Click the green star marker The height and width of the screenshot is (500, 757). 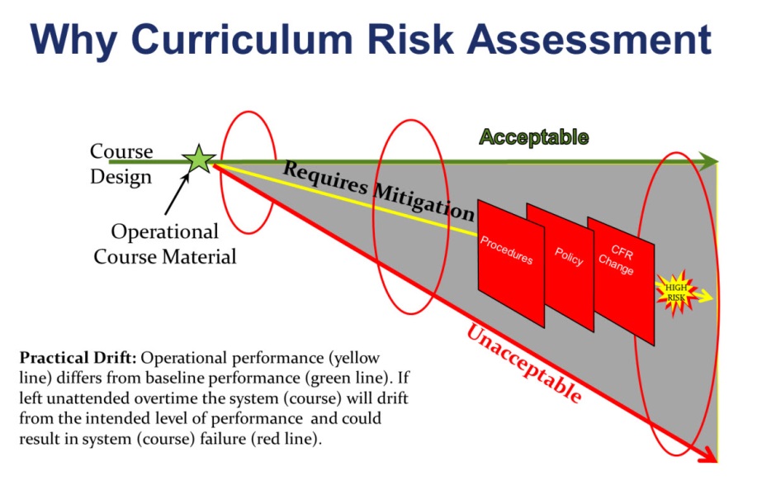point(199,160)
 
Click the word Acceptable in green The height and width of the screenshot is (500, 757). point(533,138)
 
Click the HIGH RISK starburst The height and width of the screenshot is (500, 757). point(676,293)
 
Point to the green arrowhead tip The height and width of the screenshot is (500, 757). point(718,161)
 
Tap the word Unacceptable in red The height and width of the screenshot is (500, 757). point(524,364)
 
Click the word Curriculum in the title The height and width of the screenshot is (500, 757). point(242,39)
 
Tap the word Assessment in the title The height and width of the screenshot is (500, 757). point(589,39)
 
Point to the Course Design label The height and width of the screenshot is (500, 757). point(121,164)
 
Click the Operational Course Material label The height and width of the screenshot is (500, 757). point(165,244)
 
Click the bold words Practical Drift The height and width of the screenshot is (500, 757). point(78,358)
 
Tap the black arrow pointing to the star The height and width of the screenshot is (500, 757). point(177,193)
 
